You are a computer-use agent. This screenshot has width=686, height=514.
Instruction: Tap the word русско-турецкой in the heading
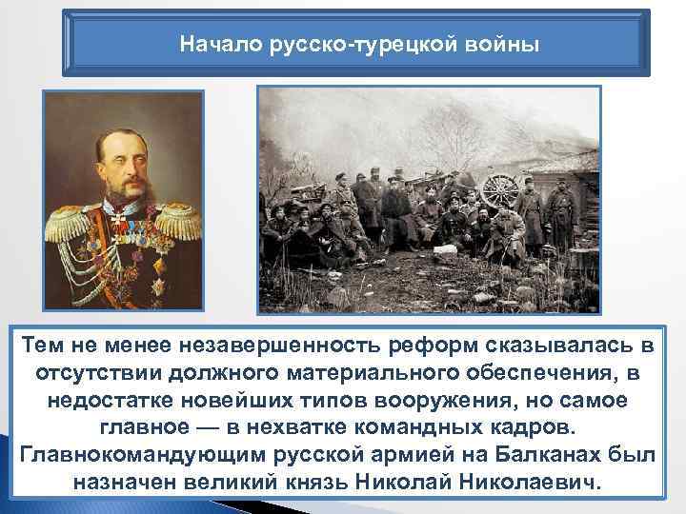coord(351,44)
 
